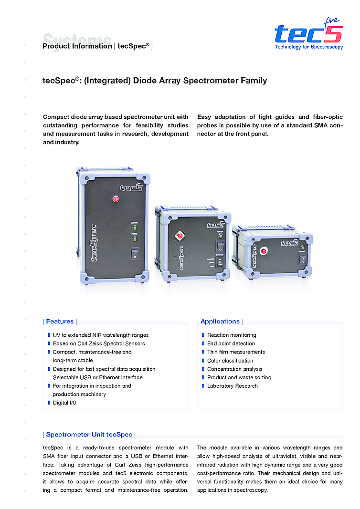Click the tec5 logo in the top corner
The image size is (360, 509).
coord(308,33)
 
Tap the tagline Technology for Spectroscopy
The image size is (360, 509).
coord(309,47)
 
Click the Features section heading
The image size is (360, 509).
coord(60,322)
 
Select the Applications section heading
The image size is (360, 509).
coord(220,322)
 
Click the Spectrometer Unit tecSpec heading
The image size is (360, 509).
coord(89,435)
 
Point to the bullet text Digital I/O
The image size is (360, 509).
coord(64,403)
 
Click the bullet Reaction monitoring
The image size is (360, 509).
coord(232,335)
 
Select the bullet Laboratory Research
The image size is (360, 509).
coord(233,386)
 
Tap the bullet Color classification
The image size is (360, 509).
coord(230,361)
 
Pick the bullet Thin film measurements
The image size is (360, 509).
coord(236,352)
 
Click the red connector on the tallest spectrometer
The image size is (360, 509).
coord(115,198)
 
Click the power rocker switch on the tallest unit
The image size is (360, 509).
coord(134,253)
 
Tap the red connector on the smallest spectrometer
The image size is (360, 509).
coord(264,250)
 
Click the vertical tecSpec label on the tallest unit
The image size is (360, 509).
coord(94,243)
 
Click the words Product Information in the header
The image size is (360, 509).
coord(77,46)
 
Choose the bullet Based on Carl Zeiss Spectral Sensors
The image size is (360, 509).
coord(99,343)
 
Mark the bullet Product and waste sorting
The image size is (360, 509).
coord(239,377)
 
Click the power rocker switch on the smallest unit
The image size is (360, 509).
coord(303,260)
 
